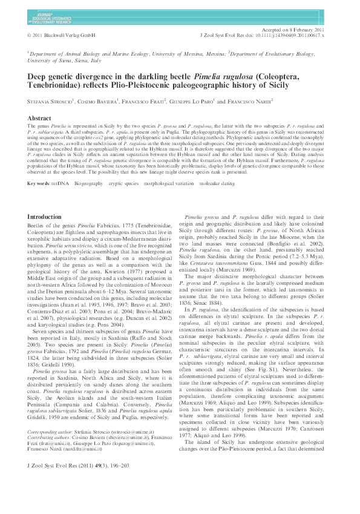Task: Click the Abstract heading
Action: pos(40,119)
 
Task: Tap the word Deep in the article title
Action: pos(39,77)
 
